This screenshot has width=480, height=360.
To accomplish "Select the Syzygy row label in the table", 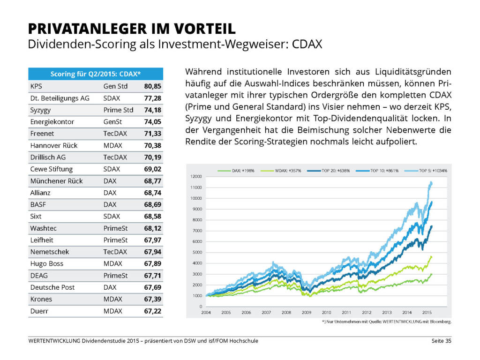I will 41,110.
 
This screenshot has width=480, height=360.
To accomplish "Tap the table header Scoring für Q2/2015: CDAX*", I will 96,74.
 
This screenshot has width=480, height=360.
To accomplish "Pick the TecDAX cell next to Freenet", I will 115,134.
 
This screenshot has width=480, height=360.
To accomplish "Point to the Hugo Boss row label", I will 47,263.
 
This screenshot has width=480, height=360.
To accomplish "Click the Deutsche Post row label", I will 52,287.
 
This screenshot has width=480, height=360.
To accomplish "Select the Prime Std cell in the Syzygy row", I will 119,110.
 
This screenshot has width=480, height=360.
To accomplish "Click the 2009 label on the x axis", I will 307,312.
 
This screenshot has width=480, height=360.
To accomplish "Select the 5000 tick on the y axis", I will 197,252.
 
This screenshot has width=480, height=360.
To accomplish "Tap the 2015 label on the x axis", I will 427,312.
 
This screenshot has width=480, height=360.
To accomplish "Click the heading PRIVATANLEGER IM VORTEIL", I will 132,29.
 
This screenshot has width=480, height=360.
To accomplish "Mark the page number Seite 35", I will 441,341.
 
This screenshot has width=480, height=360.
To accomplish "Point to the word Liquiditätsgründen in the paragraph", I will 414,72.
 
